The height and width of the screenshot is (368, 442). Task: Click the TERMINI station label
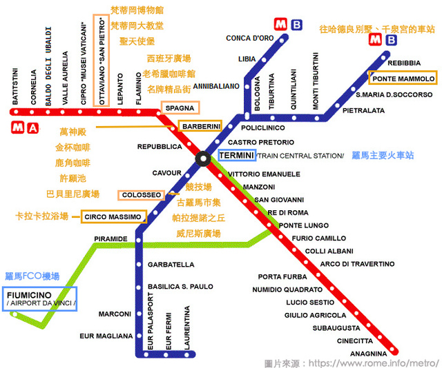(237, 155)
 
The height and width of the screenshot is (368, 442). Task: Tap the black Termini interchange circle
(202, 159)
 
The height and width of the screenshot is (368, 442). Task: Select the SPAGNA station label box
(180, 108)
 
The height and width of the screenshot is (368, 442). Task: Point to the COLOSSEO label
(141, 195)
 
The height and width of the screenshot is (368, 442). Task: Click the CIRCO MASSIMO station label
(113, 216)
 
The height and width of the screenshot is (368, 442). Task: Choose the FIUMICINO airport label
(40, 299)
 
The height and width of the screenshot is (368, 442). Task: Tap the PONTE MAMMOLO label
(403, 78)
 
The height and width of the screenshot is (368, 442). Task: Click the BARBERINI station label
(200, 127)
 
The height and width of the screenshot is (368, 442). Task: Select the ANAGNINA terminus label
(368, 354)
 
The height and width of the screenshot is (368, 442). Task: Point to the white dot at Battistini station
(16, 112)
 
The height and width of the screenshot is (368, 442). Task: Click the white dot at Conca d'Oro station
(281, 41)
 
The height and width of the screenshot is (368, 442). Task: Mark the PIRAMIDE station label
(110, 239)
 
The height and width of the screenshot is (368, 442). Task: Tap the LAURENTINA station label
(187, 328)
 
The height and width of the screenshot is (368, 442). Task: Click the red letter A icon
(33, 128)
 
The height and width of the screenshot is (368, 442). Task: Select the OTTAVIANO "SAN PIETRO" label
(102, 61)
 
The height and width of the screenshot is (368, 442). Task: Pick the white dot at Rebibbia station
(383, 58)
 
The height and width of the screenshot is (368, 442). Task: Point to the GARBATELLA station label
(171, 265)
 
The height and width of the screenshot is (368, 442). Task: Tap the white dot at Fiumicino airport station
(15, 314)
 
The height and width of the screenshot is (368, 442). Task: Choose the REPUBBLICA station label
(160, 147)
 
